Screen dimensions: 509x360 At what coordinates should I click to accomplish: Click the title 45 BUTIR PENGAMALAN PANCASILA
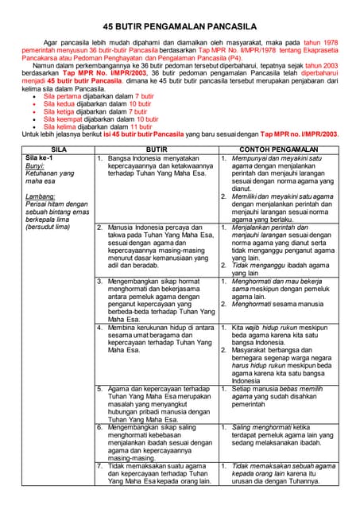click(x=180, y=25)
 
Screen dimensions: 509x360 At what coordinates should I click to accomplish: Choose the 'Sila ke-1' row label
click(x=40, y=157)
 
